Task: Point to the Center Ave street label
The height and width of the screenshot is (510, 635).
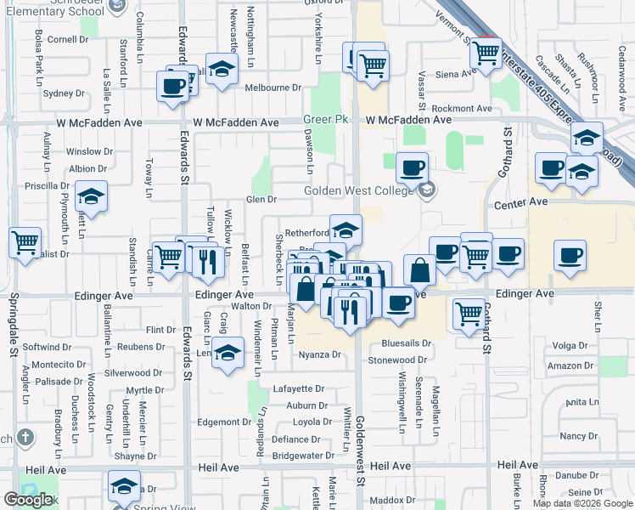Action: pos(521,203)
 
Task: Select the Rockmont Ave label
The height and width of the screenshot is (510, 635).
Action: pos(462,109)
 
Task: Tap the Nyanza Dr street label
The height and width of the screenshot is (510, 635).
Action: pos(319,355)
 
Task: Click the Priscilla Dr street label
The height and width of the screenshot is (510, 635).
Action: pos(48,185)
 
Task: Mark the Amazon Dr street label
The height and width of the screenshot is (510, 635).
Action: pos(569,365)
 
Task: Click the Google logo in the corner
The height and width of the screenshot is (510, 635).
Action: pos(29,500)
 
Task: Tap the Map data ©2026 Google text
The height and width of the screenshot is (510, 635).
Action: pos(582,503)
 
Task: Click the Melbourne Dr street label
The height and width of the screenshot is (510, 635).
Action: pos(274,88)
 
